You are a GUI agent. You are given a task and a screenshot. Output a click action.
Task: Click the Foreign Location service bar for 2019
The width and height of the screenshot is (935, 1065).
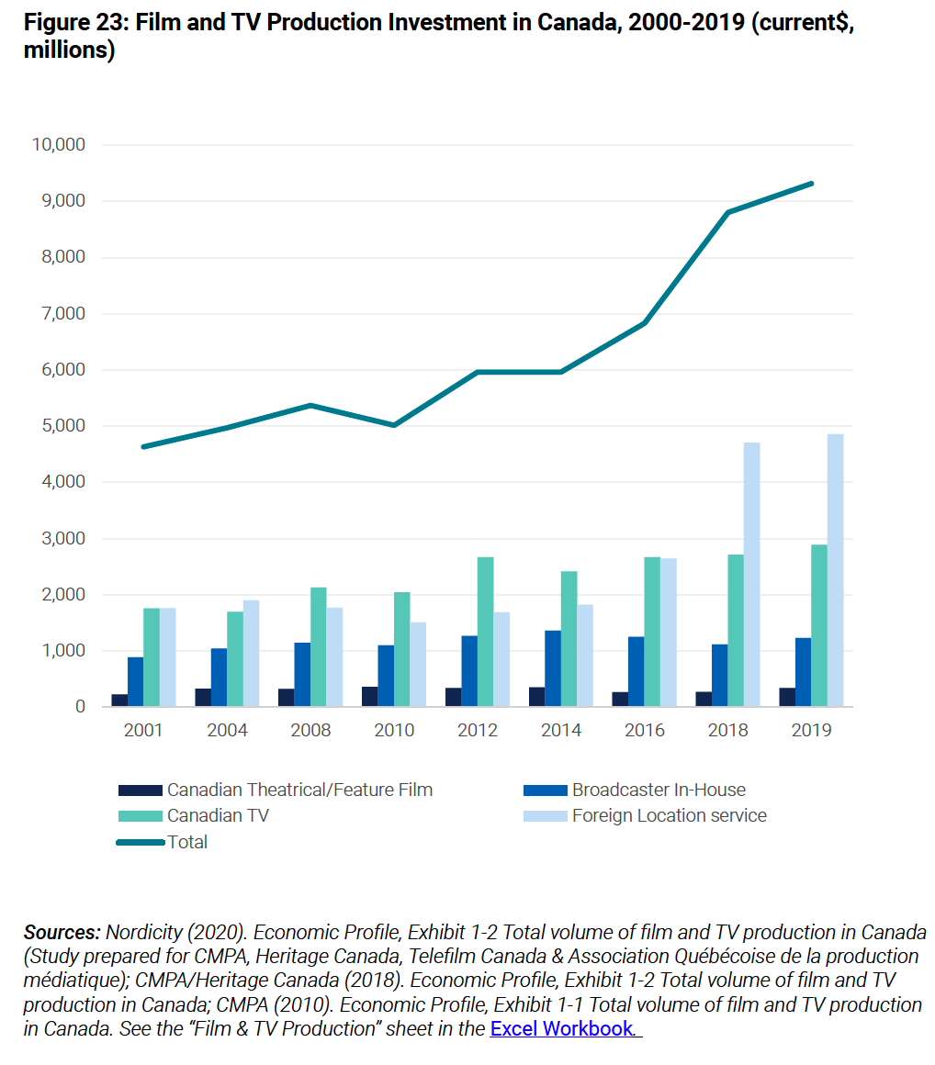(835, 570)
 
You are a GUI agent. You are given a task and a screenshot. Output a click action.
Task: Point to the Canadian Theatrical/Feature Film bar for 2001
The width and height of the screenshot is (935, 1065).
(119, 701)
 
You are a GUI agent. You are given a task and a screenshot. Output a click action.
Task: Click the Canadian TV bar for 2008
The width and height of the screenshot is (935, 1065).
(318, 647)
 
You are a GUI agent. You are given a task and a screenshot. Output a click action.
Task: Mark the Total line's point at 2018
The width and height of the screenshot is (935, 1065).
(727, 212)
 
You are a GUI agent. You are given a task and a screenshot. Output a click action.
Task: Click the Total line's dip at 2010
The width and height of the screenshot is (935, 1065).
(394, 425)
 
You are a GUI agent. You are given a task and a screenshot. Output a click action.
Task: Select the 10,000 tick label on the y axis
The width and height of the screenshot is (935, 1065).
(58, 145)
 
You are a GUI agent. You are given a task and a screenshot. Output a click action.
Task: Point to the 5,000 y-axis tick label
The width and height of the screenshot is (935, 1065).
(62, 426)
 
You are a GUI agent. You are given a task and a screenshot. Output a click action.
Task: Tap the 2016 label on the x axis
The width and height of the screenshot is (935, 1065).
(644, 731)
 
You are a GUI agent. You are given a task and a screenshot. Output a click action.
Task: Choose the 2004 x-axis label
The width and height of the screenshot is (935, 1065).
(226, 731)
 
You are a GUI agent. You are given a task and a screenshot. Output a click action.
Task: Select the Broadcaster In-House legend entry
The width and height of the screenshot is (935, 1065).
(658, 790)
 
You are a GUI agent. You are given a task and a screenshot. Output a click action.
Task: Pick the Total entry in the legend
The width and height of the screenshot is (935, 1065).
(187, 842)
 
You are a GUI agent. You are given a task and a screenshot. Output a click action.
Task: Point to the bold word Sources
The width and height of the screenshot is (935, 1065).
(62, 933)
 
